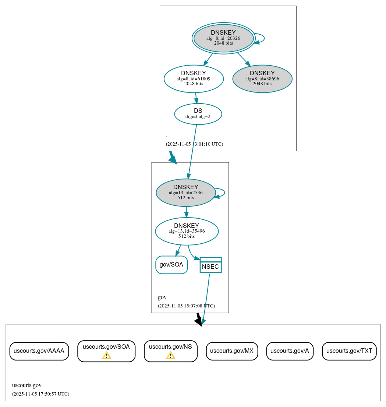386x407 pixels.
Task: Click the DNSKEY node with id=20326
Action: (223, 38)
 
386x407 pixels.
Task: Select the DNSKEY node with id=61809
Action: (194, 79)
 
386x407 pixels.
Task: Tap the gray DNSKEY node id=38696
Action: (262, 79)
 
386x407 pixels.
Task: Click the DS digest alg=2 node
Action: (198, 114)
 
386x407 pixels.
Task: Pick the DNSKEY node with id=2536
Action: (185, 192)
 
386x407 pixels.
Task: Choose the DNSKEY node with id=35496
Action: (187, 231)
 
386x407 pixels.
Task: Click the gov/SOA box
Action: (171, 265)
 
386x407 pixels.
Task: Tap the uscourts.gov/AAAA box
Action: (39, 351)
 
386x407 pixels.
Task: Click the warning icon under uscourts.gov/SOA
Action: (106, 355)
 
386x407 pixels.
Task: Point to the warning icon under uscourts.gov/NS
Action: (170, 355)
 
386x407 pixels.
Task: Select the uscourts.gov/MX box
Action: (231, 351)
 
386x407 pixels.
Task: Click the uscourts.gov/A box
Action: (290, 351)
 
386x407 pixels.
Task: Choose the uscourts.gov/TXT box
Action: (349, 351)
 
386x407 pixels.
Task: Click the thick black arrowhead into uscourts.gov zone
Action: (199, 321)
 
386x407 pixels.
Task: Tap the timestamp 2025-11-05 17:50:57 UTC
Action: (40, 394)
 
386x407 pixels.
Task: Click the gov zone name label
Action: (162, 297)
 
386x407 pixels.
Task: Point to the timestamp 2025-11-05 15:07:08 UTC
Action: (186, 306)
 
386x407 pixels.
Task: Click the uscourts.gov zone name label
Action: (26, 386)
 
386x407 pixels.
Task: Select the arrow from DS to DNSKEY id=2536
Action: (192, 151)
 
